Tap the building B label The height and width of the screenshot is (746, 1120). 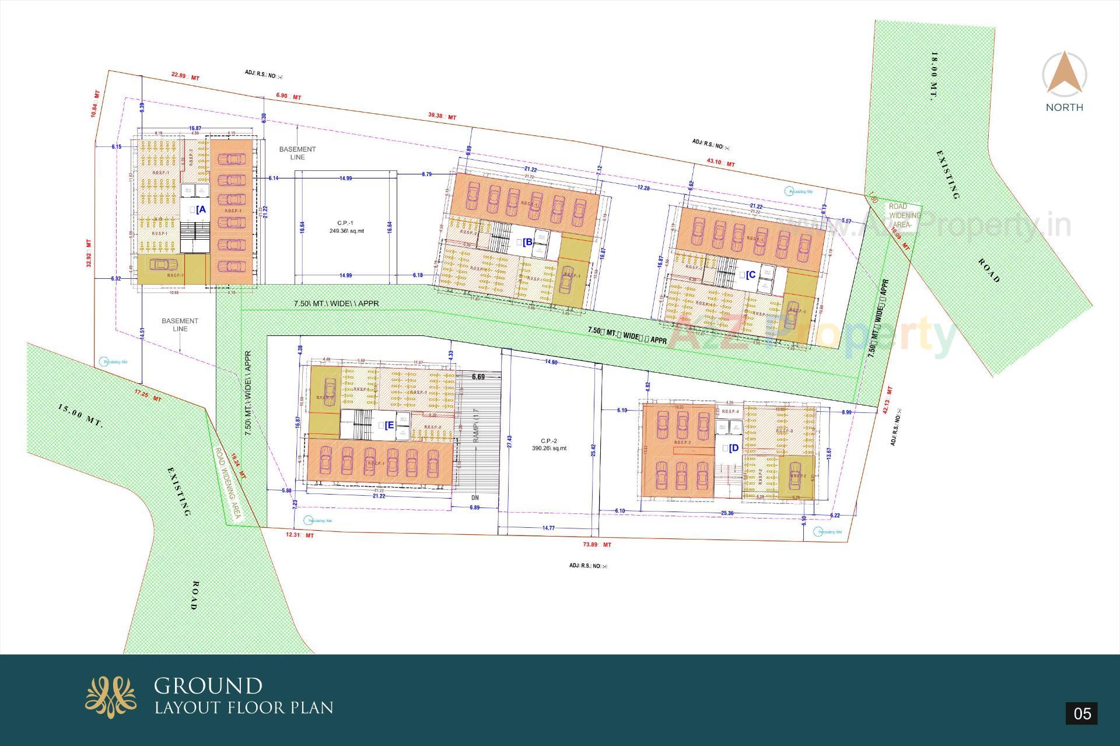point(526,242)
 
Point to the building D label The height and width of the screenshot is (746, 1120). point(731,448)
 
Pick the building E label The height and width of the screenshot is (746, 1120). point(387,425)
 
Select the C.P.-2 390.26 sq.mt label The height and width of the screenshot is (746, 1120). point(549,444)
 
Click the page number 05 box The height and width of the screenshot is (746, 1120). point(1081,713)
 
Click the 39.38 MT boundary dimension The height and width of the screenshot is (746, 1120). point(442,116)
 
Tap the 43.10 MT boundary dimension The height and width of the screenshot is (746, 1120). point(720,163)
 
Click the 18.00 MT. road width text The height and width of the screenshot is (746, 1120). point(934,76)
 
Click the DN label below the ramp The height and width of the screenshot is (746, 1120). point(475,498)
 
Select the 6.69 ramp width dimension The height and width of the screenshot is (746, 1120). point(478,377)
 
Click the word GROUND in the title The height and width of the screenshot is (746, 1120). point(208,685)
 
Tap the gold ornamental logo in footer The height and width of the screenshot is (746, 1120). point(111,697)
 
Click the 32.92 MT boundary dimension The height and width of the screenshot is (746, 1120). point(89,253)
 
